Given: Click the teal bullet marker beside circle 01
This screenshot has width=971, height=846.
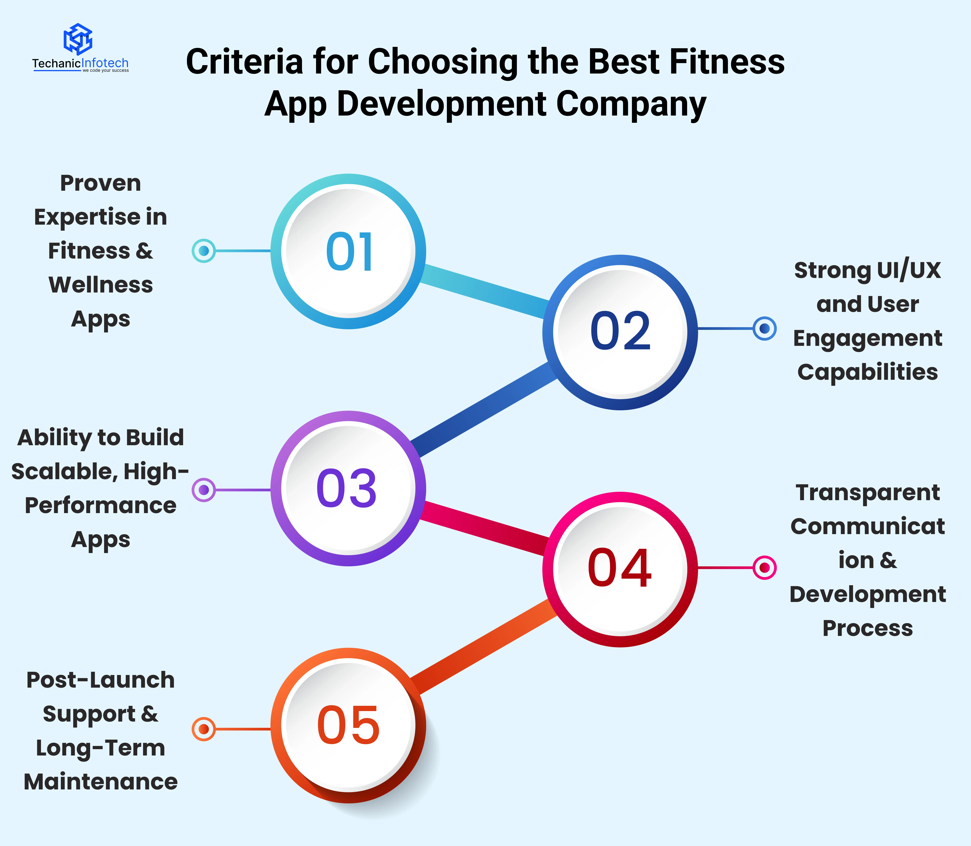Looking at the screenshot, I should point(204,251).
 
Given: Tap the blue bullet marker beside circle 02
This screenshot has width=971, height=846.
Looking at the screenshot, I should point(764,329).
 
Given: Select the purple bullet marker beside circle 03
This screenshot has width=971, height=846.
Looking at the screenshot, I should point(204,490).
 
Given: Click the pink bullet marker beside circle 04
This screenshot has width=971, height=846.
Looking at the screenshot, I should point(764,567).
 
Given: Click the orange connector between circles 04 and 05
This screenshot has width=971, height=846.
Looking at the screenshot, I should point(484,647).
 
